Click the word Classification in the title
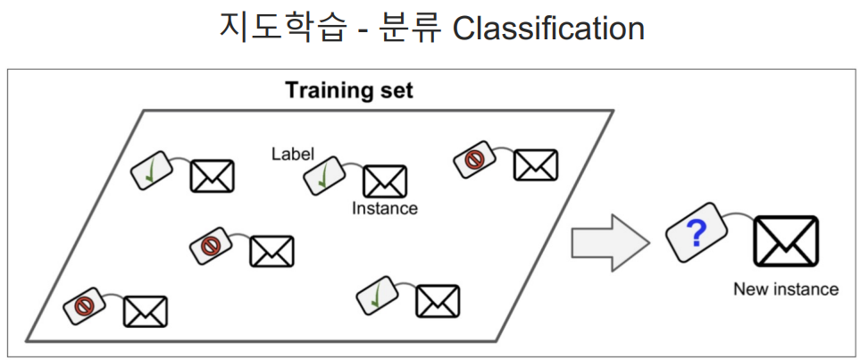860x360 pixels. point(547,28)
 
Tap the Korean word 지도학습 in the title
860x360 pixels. point(265,28)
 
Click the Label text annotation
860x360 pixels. point(292,154)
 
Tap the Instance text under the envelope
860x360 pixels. point(384,208)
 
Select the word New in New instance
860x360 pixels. point(750,289)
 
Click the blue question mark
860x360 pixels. point(697,235)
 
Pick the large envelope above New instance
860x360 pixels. point(785,241)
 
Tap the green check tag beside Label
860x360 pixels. point(325,174)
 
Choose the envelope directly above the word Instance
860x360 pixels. point(385,181)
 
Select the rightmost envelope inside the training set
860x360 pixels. point(536,165)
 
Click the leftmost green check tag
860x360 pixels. point(153,169)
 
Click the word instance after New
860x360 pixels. point(805,289)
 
